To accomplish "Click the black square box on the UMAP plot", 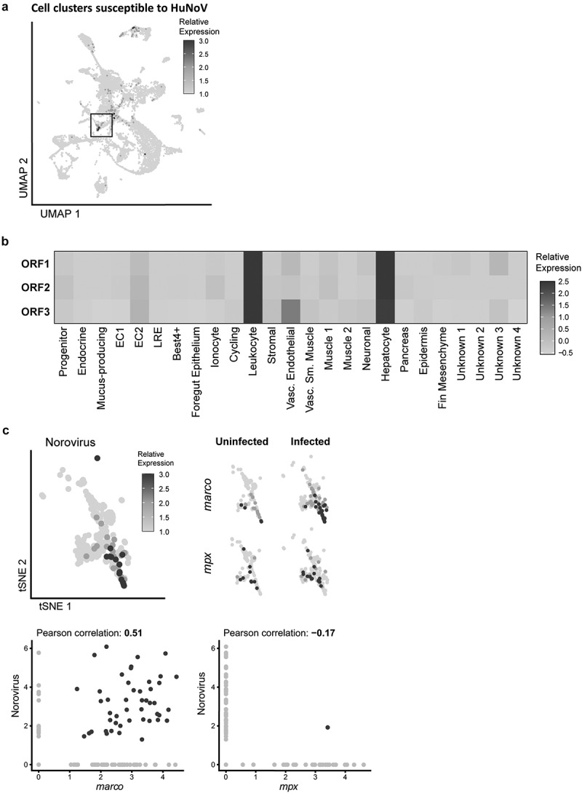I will (x=101, y=124).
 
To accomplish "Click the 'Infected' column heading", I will (x=311, y=442).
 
